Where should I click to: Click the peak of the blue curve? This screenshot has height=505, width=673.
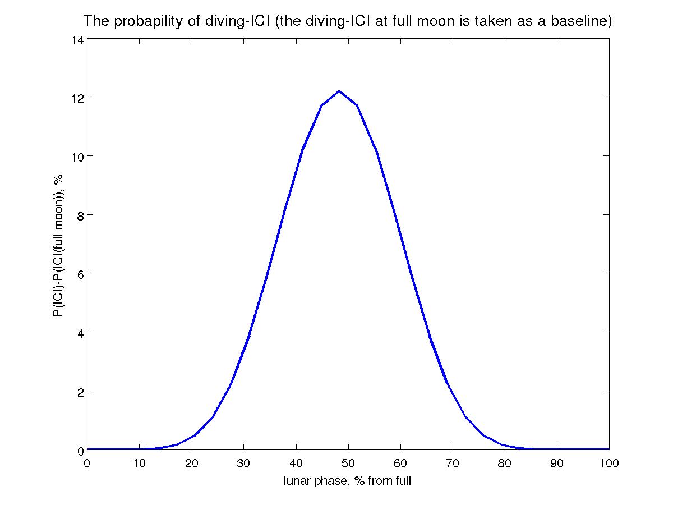pyautogui.click(x=339, y=91)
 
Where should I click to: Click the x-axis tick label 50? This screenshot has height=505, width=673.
pyautogui.click(x=348, y=463)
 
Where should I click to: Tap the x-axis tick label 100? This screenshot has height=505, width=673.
pyautogui.click(x=609, y=463)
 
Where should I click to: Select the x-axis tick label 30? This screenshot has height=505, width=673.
pyautogui.click(x=243, y=463)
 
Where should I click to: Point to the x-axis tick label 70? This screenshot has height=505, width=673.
pyautogui.click(x=453, y=463)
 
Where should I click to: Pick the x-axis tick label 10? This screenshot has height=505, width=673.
pyautogui.click(x=139, y=463)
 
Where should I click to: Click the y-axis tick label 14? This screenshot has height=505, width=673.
pyautogui.click(x=77, y=40)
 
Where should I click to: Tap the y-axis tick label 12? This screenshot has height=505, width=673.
pyautogui.click(x=77, y=97)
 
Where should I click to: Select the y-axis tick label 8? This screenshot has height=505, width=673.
pyautogui.click(x=80, y=215)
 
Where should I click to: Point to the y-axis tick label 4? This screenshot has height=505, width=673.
pyautogui.click(x=80, y=332)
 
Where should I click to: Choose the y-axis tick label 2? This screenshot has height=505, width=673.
pyautogui.click(x=80, y=391)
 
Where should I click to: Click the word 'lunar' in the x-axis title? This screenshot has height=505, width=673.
pyautogui.click(x=297, y=481)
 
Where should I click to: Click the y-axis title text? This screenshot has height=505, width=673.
pyautogui.click(x=58, y=245)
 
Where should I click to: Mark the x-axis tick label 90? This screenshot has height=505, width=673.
pyautogui.click(x=557, y=463)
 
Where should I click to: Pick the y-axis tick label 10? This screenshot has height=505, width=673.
pyautogui.click(x=77, y=156)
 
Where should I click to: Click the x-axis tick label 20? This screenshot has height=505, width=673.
pyautogui.click(x=191, y=463)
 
